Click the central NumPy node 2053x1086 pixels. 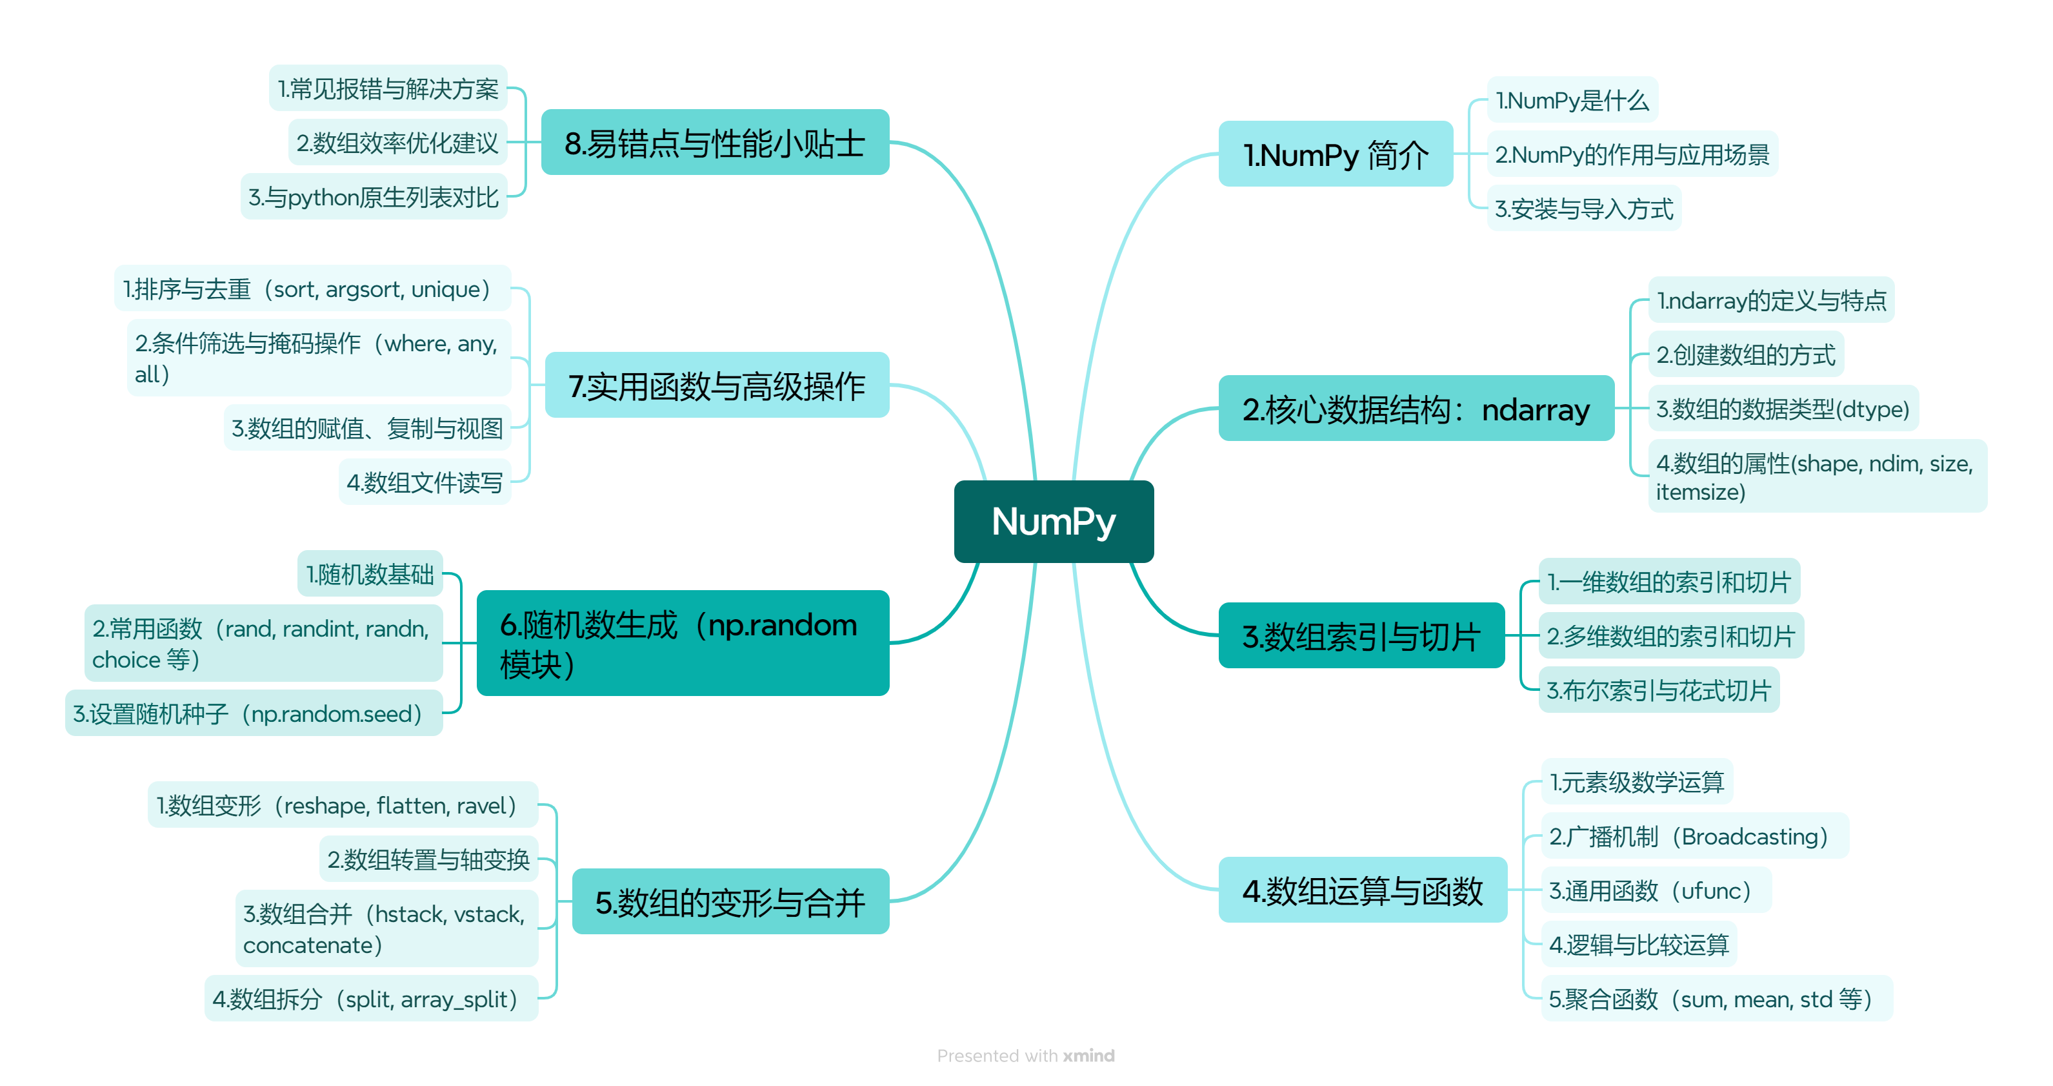point(1053,522)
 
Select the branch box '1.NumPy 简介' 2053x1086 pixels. point(1335,154)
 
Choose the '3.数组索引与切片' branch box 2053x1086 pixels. point(1361,635)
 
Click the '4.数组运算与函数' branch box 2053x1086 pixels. point(1362,890)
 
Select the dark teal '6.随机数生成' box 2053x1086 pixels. point(682,642)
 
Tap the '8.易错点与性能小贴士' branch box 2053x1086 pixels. point(714,143)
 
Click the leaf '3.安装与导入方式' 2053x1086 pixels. point(1583,209)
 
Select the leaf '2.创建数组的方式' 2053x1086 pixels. point(1745,354)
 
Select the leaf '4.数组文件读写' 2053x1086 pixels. point(425,482)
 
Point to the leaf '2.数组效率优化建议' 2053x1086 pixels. point(397,143)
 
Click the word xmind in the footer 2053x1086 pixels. point(1088,1055)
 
